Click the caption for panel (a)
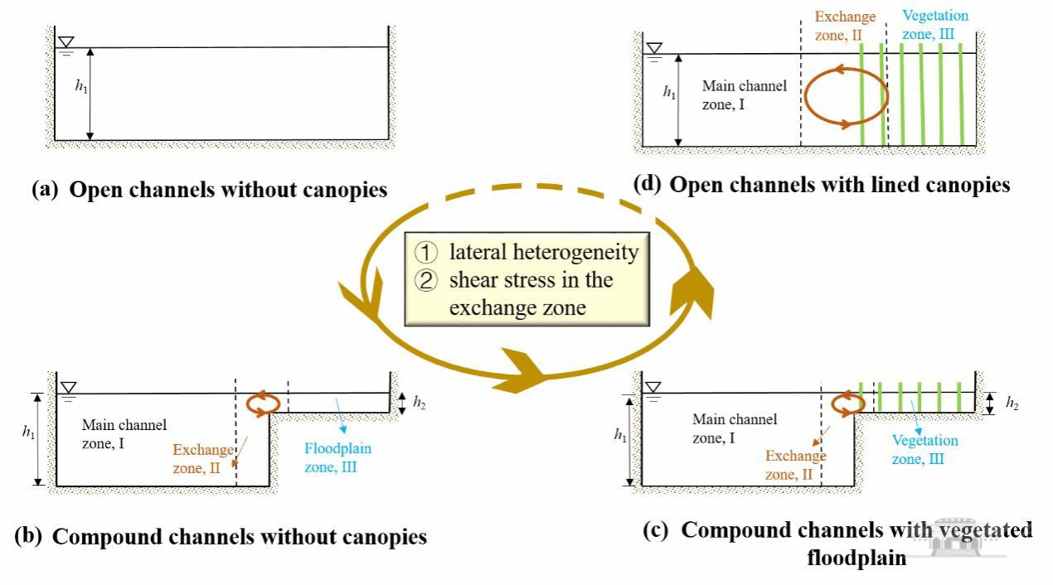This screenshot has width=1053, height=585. [209, 190]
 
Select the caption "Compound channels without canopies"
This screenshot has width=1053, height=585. [221, 536]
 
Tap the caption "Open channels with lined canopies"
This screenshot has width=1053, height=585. [821, 185]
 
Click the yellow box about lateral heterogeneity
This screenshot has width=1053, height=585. [526, 279]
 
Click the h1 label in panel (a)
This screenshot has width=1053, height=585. [81, 88]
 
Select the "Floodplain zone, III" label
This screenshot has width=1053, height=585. [337, 457]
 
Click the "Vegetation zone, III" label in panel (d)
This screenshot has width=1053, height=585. [934, 23]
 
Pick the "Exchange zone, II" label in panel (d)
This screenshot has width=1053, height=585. [845, 24]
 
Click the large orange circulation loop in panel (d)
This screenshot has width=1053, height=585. [846, 98]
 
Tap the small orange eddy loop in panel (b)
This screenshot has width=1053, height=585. [263, 403]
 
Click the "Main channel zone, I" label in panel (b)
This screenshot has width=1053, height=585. [124, 433]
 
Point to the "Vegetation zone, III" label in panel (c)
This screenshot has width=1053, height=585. [924, 449]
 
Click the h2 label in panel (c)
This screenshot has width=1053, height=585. [1012, 404]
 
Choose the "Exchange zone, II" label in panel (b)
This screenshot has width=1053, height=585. [203, 459]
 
